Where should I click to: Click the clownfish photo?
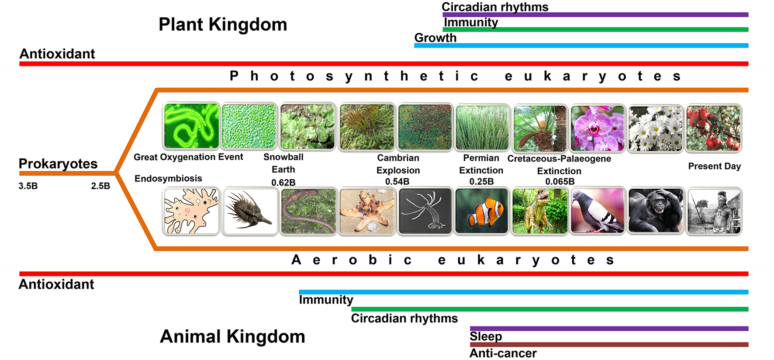point(482,211)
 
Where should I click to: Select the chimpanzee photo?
point(656,211)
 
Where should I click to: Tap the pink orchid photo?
point(598,128)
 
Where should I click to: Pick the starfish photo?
point(366,211)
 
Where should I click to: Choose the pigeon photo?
point(598,211)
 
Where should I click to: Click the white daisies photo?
point(656,128)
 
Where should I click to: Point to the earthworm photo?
point(308,211)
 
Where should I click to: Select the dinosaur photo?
point(540,211)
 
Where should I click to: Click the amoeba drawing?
point(191,211)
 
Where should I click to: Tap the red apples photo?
point(714,128)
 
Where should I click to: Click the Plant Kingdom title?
point(223,24)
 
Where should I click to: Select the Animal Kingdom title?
point(232,336)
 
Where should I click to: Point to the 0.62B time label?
point(283,182)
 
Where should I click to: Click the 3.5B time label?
point(28,186)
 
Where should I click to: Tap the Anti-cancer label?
point(503,353)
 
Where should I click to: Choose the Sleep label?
point(486,336)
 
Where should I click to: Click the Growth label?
point(435,38)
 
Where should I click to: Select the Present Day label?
point(715,166)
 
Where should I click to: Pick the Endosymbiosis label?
point(168,178)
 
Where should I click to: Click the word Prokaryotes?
point(58,164)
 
